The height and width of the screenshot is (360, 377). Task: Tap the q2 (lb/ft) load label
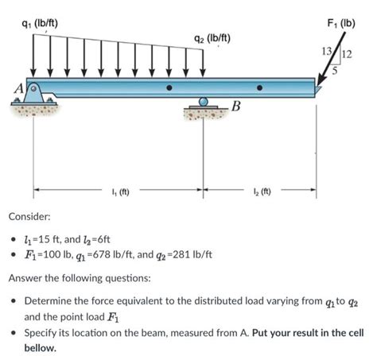point(212,38)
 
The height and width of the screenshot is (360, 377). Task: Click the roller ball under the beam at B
point(204,102)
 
